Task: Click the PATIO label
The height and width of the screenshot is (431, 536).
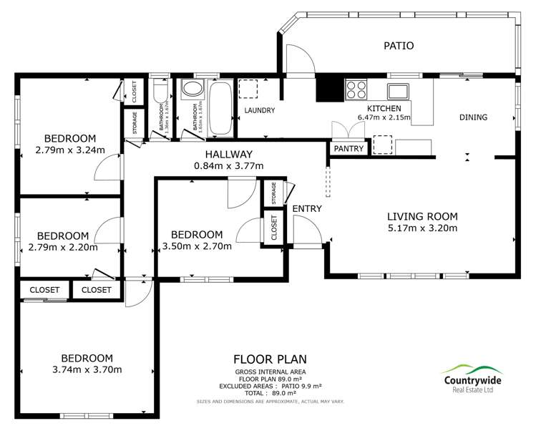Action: (399, 46)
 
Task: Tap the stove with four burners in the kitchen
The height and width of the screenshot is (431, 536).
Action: (356, 89)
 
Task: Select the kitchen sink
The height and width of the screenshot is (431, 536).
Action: (399, 90)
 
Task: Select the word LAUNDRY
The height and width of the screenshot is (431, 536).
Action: (260, 110)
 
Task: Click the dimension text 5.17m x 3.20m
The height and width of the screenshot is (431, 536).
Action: (422, 228)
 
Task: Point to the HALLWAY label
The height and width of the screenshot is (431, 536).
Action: (229, 154)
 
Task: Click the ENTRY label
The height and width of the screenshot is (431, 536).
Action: (307, 208)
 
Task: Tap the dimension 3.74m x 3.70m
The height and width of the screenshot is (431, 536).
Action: (87, 370)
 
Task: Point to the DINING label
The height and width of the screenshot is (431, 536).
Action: (473, 117)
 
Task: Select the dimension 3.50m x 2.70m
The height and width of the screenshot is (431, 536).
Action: (197, 246)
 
